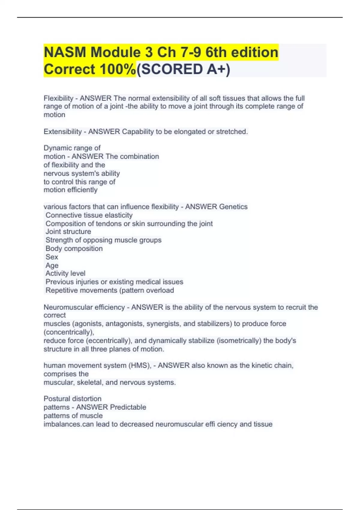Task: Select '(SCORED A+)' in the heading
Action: click(183, 69)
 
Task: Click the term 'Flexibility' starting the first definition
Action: click(58, 98)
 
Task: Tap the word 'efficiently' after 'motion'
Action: click(82, 190)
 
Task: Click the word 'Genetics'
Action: click(233, 207)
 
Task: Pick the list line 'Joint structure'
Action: click(68, 232)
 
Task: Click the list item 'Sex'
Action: click(52, 257)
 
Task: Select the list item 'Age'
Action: click(52, 265)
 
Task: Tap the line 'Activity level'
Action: click(65, 273)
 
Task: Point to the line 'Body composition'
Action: click(74, 248)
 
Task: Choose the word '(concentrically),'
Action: click(69, 332)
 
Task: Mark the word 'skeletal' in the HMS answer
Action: click(89, 382)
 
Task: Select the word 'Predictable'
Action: click(128, 407)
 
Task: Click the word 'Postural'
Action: click(57, 399)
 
